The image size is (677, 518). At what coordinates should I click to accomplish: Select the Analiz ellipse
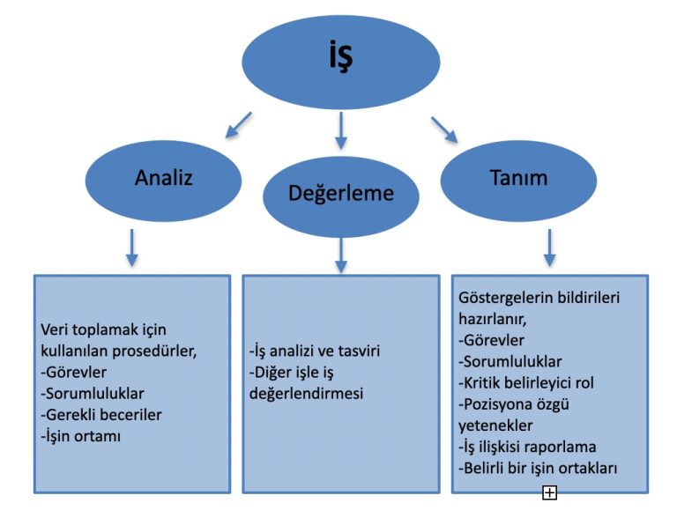click(164, 177)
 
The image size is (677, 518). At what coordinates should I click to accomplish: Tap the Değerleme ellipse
click(340, 194)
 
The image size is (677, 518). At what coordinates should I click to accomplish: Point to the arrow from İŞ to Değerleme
click(341, 129)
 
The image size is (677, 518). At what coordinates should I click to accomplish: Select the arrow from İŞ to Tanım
click(444, 129)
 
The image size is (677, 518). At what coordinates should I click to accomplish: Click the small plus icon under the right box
click(549, 493)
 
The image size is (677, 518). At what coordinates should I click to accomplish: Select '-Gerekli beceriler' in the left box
click(101, 414)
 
